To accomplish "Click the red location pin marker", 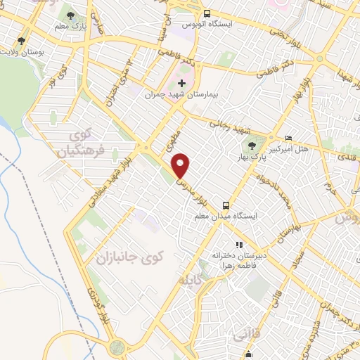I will (181, 166).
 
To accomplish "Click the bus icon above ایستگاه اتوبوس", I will (207, 13).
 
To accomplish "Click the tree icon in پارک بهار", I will (251, 146).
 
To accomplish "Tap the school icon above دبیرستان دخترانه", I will (238, 245).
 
